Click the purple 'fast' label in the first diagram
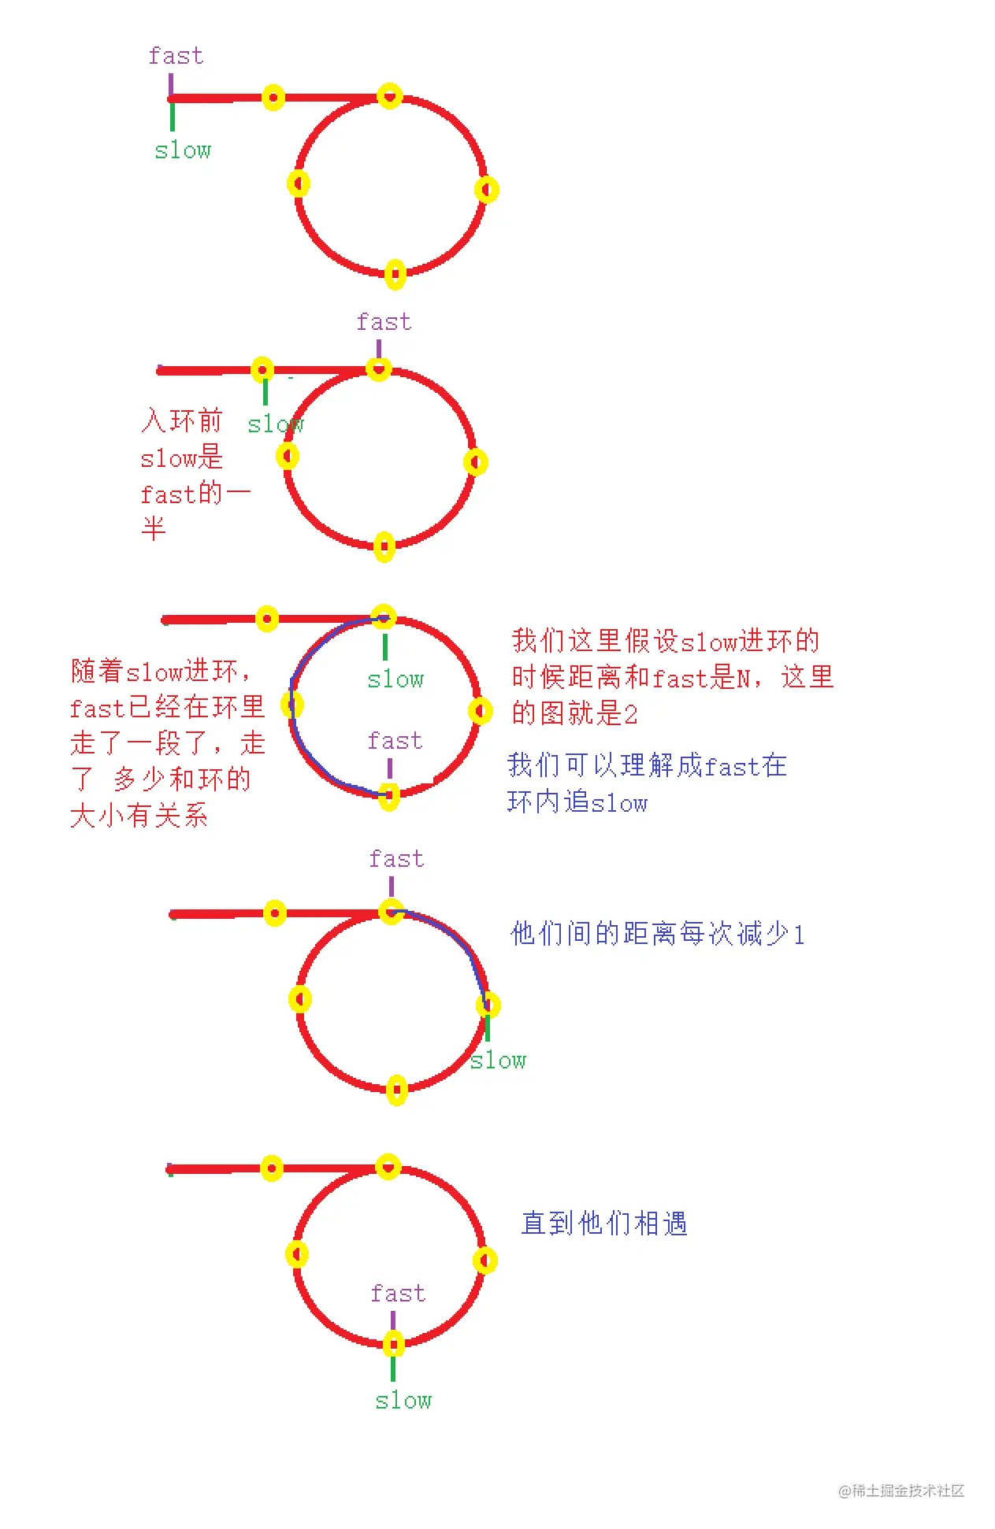coord(176,56)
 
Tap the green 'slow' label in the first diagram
coord(183,150)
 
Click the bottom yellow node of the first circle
coord(395,274)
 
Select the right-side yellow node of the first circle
coord(486,190)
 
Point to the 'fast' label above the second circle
coord(384,322)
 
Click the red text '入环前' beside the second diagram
coord(182,420)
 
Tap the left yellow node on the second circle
coord(288,455)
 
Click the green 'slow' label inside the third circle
coord(395,679)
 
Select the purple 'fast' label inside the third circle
coord(395,741)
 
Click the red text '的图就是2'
coord(574,713)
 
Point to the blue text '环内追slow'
coord(577,802)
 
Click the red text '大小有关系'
coord(139,815)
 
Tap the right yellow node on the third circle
coord(480,711)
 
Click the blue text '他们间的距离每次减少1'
coord(657,934)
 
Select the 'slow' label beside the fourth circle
coord(498,1061)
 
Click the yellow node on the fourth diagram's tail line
coord(274,913)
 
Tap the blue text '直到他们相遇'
coord(604,1224)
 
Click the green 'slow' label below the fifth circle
coord(403,1401)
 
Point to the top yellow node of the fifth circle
coord(388,1166)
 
